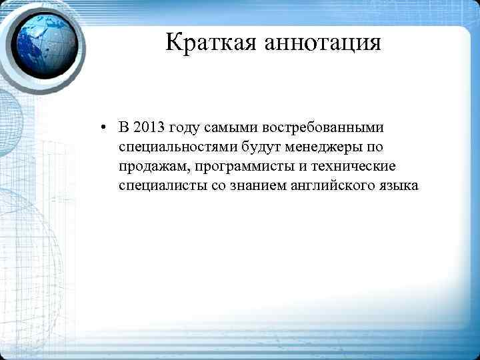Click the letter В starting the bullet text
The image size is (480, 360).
click(x=124, y=127)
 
